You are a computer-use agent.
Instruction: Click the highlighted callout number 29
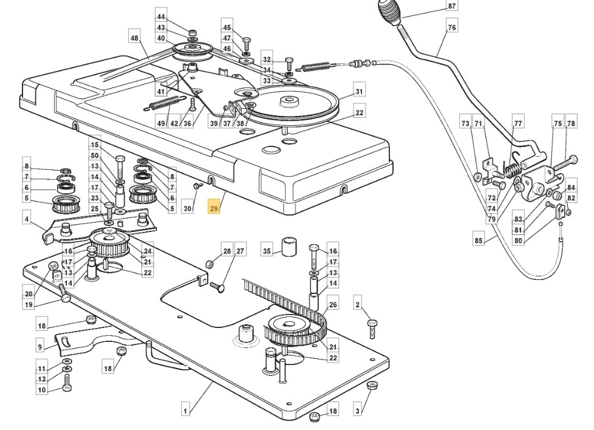click(x=214, y=208)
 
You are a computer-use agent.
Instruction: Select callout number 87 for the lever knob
click(x=452, y=6)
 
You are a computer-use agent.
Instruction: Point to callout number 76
click(x=452, y=27)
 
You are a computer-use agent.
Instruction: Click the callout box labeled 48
click(x=134, y=38)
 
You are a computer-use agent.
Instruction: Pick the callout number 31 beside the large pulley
click(x=360, y=91)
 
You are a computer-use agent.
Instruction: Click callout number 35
click(x=267, y=251)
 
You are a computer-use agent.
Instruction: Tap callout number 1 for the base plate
click(x=185, y=411)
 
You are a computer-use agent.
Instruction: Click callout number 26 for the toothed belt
click(x=333, y=305)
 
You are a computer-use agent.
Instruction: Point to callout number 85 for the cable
click(x=479, y=240)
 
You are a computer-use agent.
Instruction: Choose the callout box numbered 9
click(x=40, y=346)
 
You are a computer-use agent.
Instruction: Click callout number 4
click(x=27, y=219)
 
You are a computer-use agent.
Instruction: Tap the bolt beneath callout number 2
click(x=372, y=329)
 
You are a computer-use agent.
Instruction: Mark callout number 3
click(x=358, y=411)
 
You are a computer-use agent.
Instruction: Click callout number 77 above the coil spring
click(x=518, y=123)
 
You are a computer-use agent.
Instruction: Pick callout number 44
click(x=161, y=16)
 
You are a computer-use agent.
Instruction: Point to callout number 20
click(x=29, y=294)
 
